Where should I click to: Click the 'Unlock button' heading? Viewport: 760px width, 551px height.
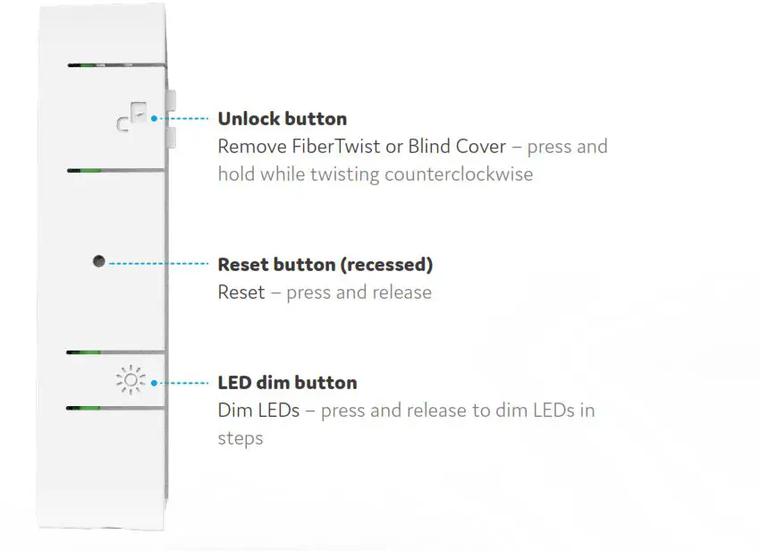tap(282, 119)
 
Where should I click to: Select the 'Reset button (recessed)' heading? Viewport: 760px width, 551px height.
tap(325, 265)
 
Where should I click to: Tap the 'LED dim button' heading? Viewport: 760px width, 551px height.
tap(287, 383)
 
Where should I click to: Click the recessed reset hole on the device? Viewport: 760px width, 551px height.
tap(98, 262)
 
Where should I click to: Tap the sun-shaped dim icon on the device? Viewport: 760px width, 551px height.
tap(130, 382)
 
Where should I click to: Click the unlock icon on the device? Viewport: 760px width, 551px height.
tap(131, 119)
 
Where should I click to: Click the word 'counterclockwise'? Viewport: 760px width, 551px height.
tap(459, 174)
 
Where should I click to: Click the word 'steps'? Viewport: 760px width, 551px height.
tap(241, 438)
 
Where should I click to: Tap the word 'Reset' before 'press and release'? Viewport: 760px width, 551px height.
tap(241, 292)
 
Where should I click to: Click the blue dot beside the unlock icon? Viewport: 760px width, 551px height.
tap(155, 118)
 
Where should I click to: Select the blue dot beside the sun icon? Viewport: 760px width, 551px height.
tap(155, 383)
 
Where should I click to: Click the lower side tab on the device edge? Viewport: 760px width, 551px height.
tap(170, 136)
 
